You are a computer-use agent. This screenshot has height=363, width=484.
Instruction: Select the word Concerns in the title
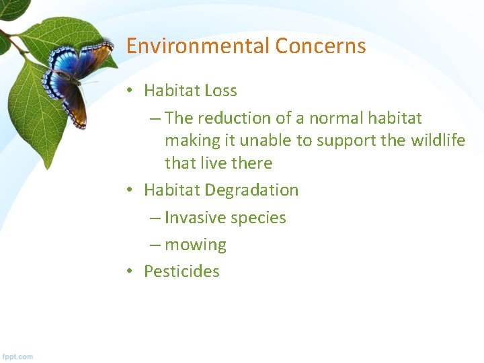point(321,46)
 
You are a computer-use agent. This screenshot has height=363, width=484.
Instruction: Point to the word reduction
point(234,118)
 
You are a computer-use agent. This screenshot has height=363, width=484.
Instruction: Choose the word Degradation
point(251,190)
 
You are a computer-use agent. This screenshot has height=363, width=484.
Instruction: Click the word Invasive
point(195,218)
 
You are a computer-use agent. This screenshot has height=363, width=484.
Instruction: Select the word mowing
point(196,245)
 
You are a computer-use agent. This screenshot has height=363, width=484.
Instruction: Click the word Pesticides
point(182,271)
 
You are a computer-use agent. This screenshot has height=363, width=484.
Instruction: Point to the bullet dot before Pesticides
point(130,271)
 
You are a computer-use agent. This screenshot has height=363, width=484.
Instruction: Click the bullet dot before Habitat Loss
point(130,90)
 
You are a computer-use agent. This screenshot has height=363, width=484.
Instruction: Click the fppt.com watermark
point(17,356)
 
